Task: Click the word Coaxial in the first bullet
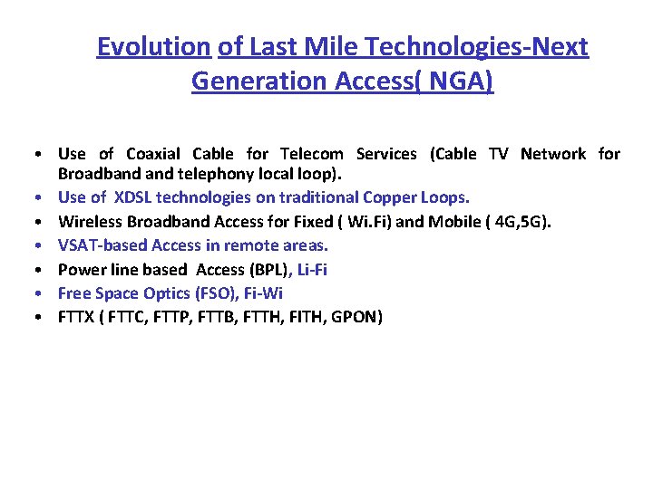click(x=153, y=154)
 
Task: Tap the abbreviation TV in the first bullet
click(x=498, y=154)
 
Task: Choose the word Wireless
click(x=90, y=221)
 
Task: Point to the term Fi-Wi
click(x=263, y=293)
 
